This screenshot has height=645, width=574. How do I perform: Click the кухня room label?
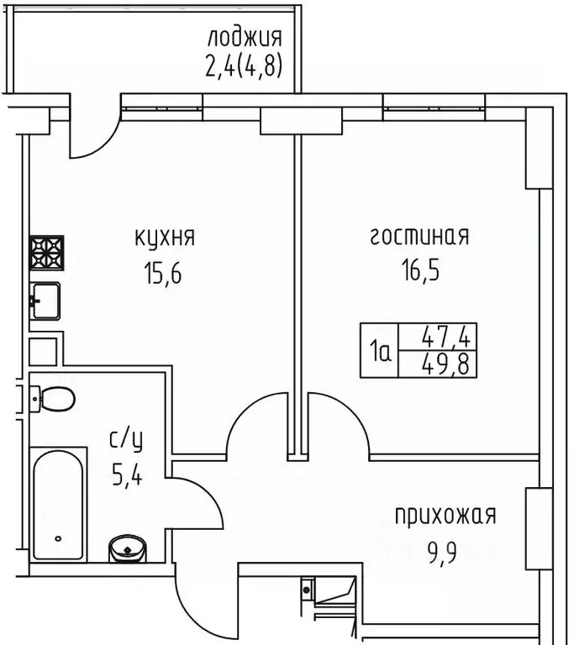point(165,238)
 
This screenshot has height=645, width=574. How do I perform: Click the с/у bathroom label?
point(125,438)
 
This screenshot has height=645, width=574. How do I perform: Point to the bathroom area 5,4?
point(125,478)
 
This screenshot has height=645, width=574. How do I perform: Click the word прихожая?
point(446,514)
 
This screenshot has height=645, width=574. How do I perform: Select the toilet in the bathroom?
point(54,398)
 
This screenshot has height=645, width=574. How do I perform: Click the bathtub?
point(57,505)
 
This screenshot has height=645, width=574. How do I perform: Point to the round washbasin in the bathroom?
point(128,548)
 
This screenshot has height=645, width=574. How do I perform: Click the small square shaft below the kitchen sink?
point(44,349)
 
